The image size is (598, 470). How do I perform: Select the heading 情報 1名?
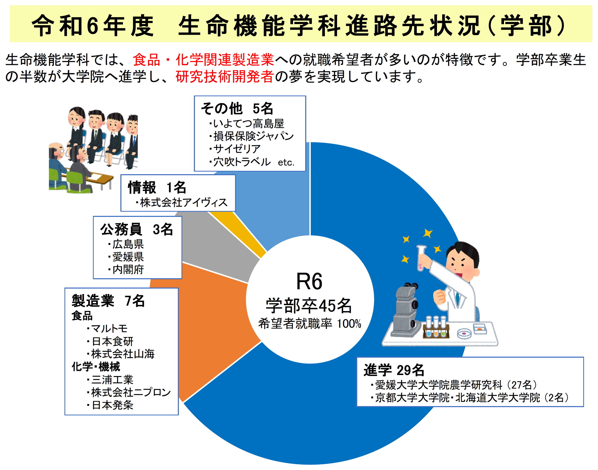coord(157,188)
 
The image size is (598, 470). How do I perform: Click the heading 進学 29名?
coord(394,370)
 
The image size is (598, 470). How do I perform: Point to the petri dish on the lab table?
coord(464,334)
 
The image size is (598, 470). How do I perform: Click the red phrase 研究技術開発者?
coord(224,77)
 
